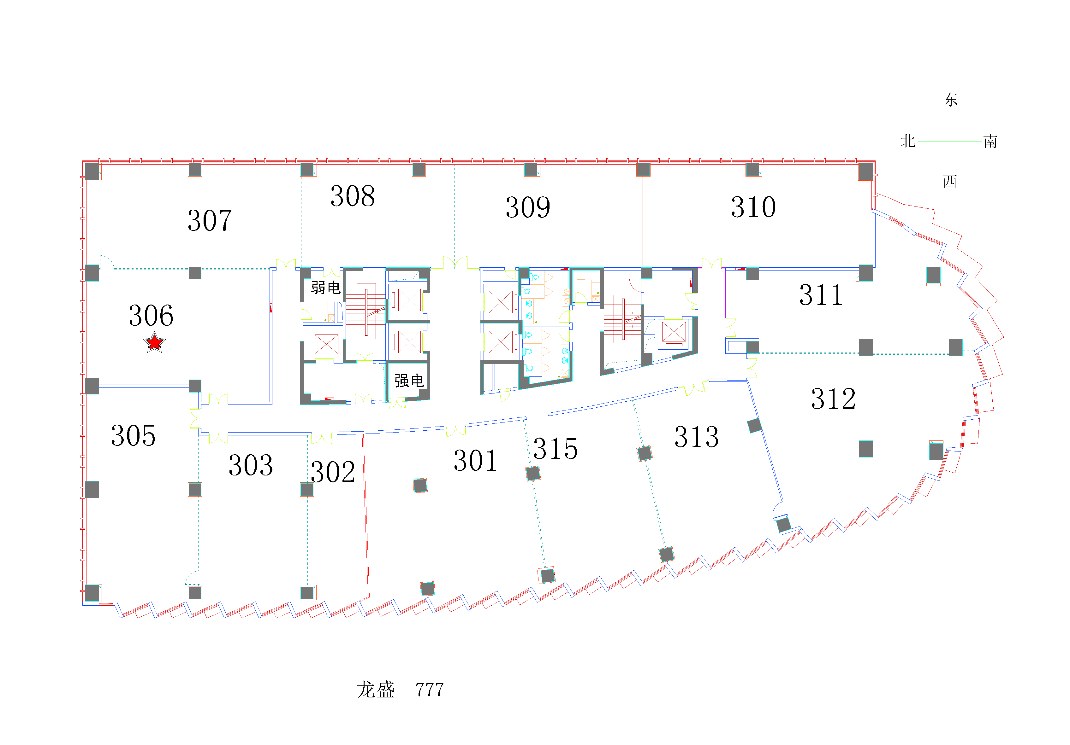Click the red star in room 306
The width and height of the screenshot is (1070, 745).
pos(154,342)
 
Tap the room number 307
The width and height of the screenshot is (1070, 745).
pos(210,220)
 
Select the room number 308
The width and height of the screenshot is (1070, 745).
pos(353,196)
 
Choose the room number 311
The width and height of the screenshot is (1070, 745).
pos(821,295)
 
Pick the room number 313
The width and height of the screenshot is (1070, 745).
pos(697,437)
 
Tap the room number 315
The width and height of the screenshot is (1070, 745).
pos(556,449)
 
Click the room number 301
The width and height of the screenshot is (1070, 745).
pos(476,461)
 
